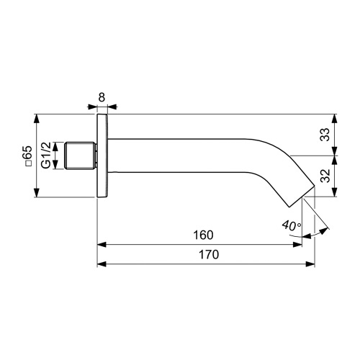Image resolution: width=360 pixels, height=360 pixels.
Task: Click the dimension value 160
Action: tap(203, 235)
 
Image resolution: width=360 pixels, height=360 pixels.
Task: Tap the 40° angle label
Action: tap(292, 225)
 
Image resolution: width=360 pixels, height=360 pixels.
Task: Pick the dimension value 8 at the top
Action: tap(102, 96)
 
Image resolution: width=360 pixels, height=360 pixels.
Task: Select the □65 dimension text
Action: tap(27, 156)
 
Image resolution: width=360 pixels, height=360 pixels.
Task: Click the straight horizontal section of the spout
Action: tap(180, 156)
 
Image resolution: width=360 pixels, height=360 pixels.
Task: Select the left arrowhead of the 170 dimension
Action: tap(101, 264)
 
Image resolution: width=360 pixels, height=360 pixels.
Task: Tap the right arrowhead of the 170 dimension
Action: tap(311, 264)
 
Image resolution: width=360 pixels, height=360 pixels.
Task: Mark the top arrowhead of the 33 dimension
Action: tap(333, 117)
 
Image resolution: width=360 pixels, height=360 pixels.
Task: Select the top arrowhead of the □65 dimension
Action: tap(36, 117)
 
